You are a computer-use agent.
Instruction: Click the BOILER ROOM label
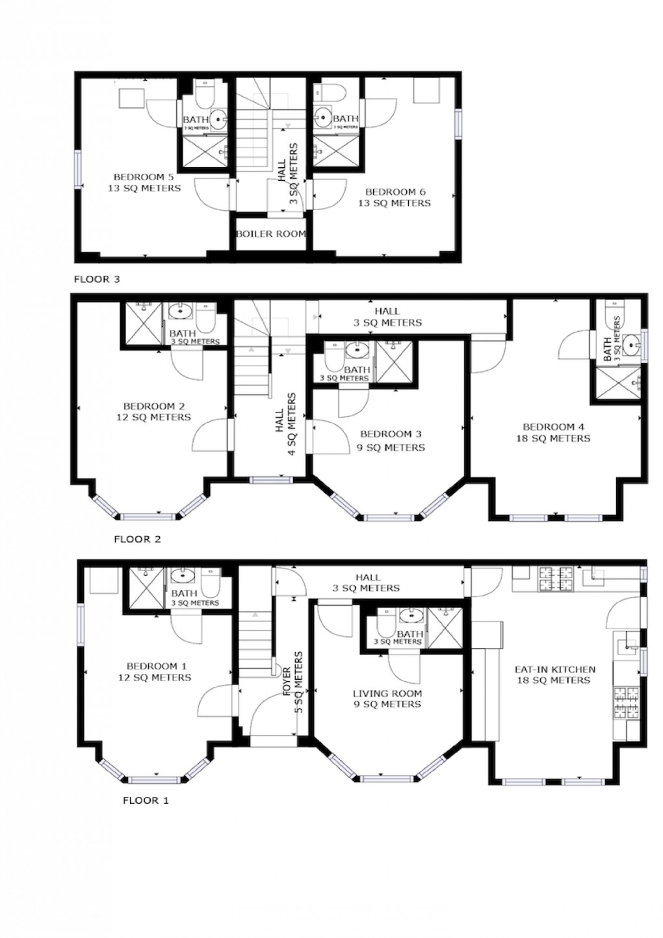[x=270, y=234]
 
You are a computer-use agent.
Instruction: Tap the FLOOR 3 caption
[x=97, y=279]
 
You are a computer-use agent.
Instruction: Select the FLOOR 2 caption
[x=137, y=539]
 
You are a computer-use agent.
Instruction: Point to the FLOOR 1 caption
[x=146, y=800]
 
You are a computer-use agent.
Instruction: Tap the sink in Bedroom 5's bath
[x=218, y=118]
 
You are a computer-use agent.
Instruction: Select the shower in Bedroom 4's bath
[x=616, y=382]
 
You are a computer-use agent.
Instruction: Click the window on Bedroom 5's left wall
[x=77, y=170]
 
